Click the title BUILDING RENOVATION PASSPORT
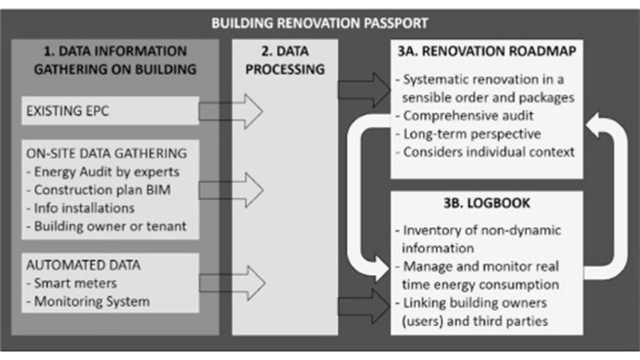(x=319, y=23)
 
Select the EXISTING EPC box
(x=110, y=111)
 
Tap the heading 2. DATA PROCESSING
(x=285, y=60)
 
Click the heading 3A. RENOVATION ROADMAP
(x=486, y=51)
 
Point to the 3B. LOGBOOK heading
(x=487, y=204)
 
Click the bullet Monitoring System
(x=91, y=301)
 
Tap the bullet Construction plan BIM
(x=102, y=190)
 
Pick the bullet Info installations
(x=84, y=208)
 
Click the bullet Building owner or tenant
(x=110, y=226)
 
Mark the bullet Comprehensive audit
(x=467, y=116)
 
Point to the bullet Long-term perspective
(x=472, y=134)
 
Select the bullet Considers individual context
(x=489, y=152)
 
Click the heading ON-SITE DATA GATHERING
(x=106, y=153)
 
